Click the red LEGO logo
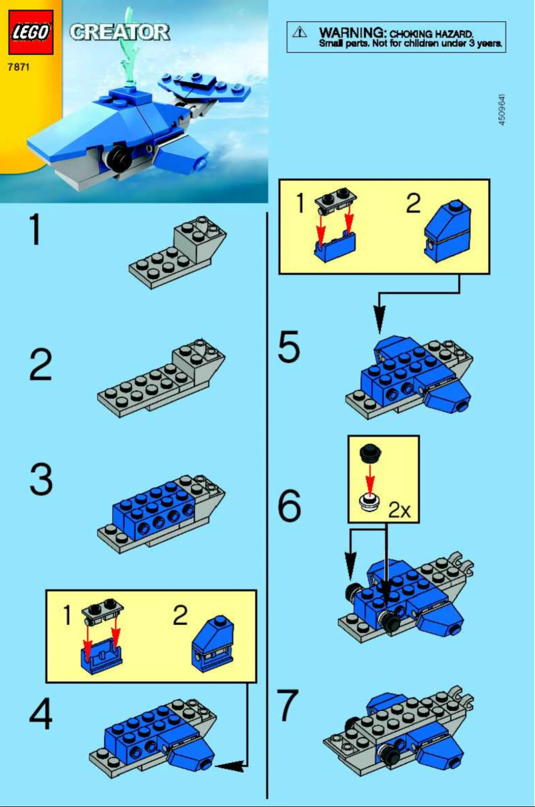tap(31, 32)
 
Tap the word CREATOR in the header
tap(119, 32)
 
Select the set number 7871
tap(19, 67)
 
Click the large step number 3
tap(41, 480)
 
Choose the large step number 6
tap(289, 508)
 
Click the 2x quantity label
tap(399, 512)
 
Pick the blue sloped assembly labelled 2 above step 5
tap(448, 227)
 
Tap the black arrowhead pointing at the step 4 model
tap(227, 766)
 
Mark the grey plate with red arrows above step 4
tap(101, 612)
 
